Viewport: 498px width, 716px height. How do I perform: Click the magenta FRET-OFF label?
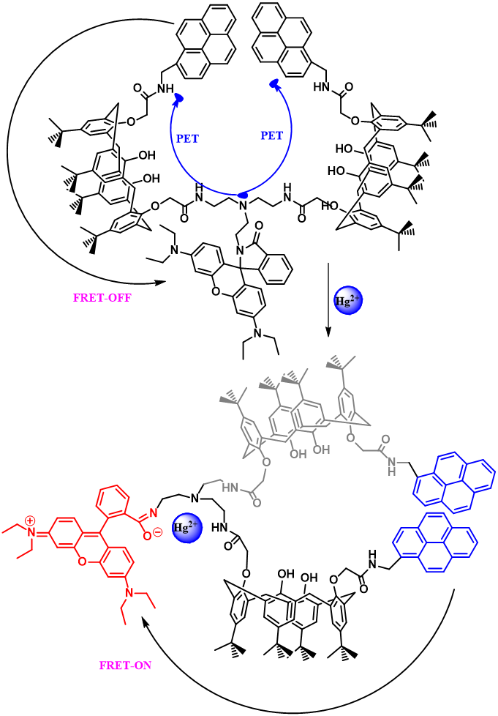coord(102,298)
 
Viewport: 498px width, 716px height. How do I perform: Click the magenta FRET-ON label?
coord(125,665)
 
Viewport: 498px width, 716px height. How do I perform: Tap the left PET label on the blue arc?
coord(187,138)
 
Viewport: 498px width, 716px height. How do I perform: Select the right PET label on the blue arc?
coord(271,136)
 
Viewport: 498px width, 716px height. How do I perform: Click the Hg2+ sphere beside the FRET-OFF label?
coord(348,300)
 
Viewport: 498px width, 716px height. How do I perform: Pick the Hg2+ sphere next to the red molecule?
coord(187,528)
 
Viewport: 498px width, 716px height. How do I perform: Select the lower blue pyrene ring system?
coord(434,542)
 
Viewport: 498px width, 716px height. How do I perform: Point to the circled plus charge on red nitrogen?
coord(30,521)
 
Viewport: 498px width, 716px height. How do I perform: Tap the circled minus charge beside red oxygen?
coord(157,536)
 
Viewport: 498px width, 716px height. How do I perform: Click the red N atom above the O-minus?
coord(154,513)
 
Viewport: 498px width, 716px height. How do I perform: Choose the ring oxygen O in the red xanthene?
coord(82,562)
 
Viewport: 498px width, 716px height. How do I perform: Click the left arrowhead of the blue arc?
coord(178,98)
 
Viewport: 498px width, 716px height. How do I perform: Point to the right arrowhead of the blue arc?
coord(275,85)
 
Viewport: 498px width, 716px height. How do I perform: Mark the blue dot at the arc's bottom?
coord(244,195)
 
